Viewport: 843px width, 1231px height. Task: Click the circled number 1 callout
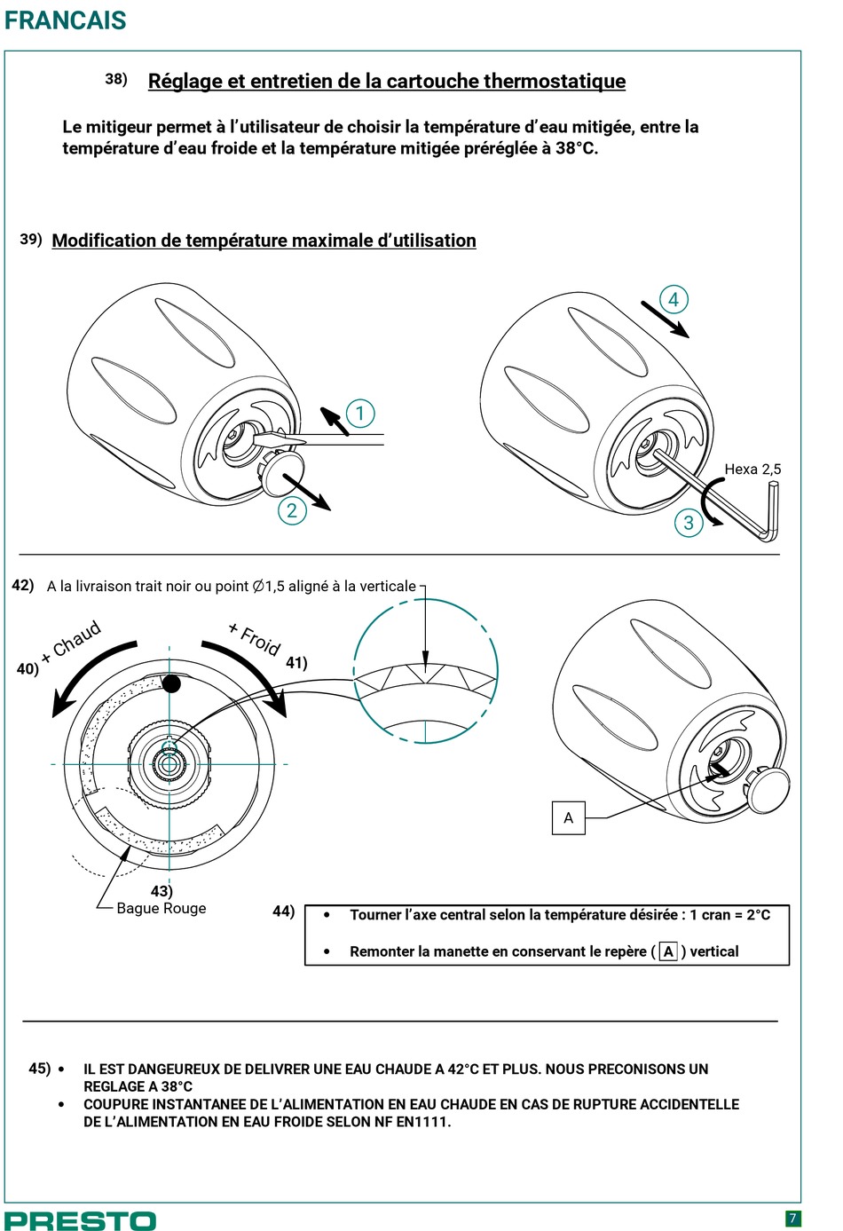(x=360, y=414)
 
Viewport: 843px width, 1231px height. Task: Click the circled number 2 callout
(x=292, y=510)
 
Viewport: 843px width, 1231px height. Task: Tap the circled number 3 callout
(x=689, y=523)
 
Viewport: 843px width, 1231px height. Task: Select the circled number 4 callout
(x=674, y=299)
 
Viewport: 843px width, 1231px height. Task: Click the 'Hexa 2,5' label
(x=752, y=470)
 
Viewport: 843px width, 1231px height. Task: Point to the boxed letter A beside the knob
(x=568, y=818)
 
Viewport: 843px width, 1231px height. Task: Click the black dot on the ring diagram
(x=171, y=684)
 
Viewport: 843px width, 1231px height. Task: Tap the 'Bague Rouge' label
(x=161, y=909)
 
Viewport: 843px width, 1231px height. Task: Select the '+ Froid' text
(x=255, y=639)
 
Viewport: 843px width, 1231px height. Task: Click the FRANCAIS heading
(x=66, y=20)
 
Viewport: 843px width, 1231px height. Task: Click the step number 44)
(x=284, y=911)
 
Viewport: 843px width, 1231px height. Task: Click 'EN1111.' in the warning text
(x=423, y=1122)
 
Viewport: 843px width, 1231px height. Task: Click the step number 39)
(x=31, y=239)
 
